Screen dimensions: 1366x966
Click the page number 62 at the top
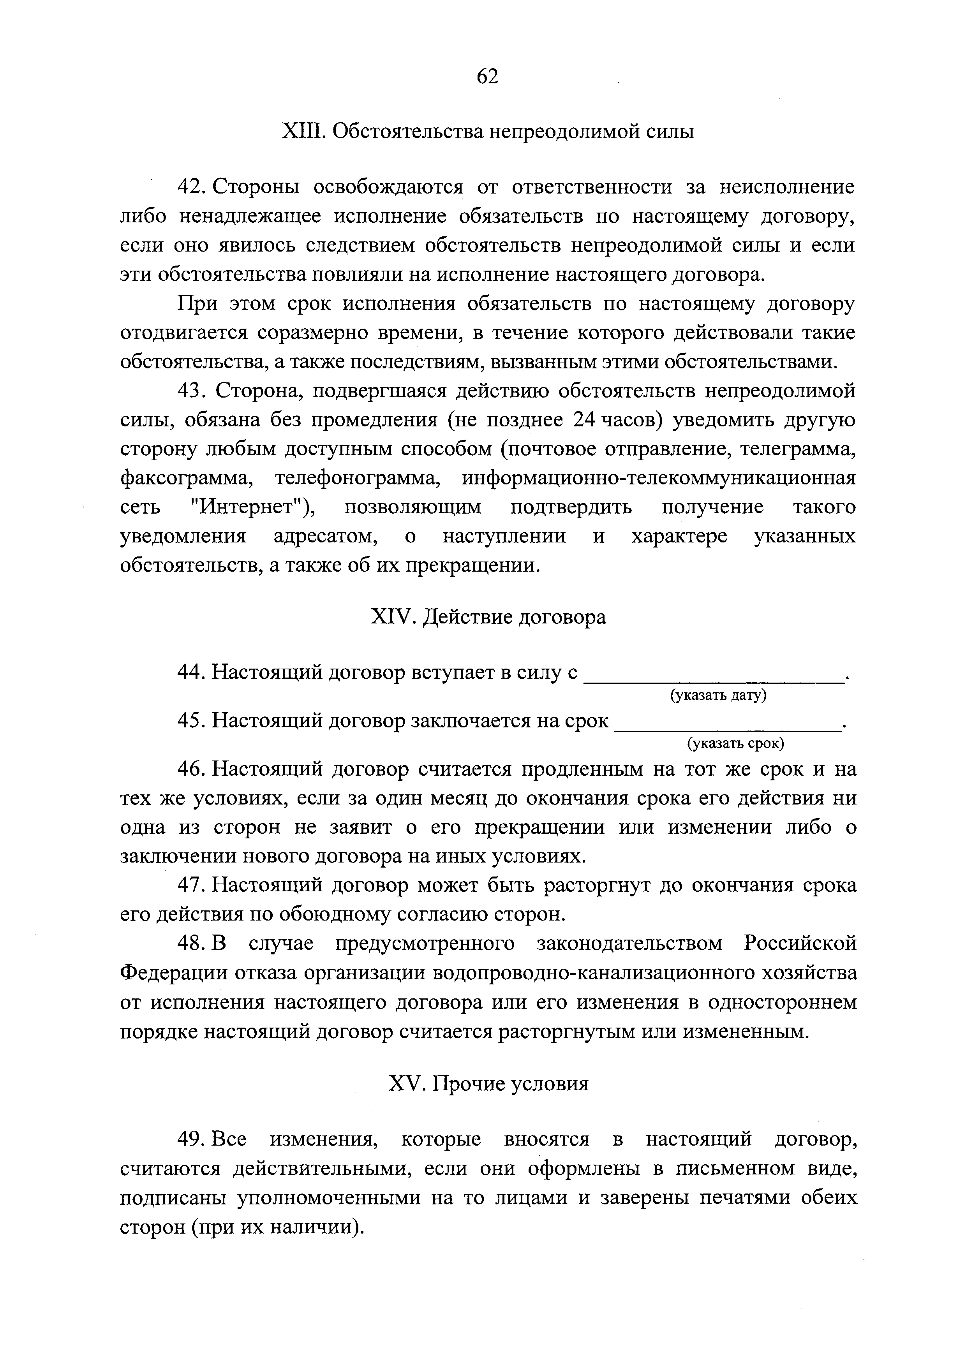pyautogui.click(x=487, y=77)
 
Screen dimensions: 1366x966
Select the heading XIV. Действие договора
pyautogui.click(x=488, y=617)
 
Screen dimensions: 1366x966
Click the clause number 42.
pyautogui.click(x=192, y=187)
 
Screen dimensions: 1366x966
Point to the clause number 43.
pyautogui.click(x=192, y=391)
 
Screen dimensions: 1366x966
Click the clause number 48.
pyautogui.click(x=192, y=944)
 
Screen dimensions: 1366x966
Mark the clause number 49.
pyautogui.click(x=192, y=1139)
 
